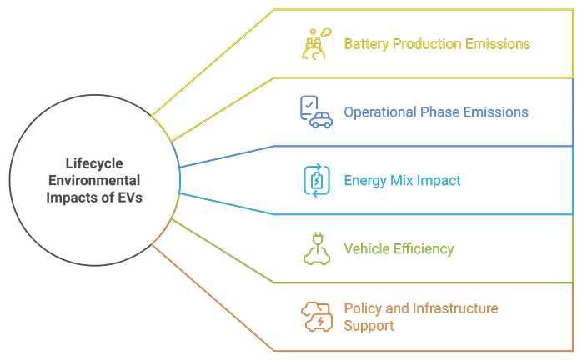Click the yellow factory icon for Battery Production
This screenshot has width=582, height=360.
pos(314,44)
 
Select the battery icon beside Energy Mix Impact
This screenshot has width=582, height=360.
pos(316,180)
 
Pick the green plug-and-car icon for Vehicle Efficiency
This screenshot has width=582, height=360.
pos(316,248)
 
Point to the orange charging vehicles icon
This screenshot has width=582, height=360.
pos(316,317)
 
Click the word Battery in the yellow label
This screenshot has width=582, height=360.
pos(367,44)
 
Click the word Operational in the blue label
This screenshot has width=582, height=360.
pos(381,112)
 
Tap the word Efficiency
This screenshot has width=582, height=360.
pos(425,249)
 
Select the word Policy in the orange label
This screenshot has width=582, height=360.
pos(364,308)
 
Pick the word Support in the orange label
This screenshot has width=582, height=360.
pos(369,325)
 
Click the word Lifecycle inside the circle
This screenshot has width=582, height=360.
pos(94,164)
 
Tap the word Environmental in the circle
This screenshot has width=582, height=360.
pos(94,181)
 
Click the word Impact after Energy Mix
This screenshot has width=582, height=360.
pos(439,181)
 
